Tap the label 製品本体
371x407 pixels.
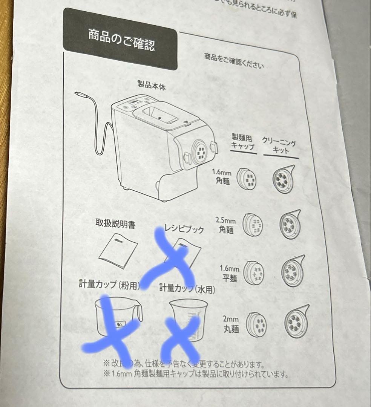152,85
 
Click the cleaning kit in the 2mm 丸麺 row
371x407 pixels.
296,321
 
